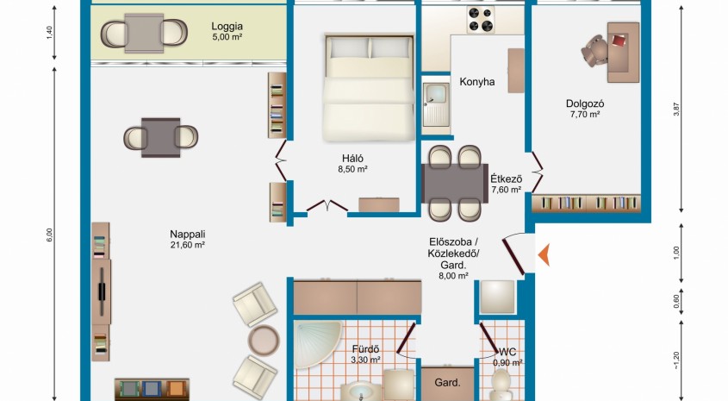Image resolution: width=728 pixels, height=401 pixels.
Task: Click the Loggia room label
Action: (x=227, y=27)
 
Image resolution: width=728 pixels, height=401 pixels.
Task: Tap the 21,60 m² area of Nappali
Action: (x=188, y=245)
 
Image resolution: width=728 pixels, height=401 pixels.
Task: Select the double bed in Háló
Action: (x=370, y=87)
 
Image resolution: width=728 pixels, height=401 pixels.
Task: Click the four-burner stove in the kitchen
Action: (x=481, y=20)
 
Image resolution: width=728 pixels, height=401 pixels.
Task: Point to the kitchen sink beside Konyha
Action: (x=436, y=104)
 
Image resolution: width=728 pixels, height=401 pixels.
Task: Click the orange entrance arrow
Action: (x=544, y=254)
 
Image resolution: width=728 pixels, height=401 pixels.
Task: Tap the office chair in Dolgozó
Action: (x=594, y=51)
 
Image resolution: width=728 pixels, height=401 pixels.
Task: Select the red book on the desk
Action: (x=619, y=40)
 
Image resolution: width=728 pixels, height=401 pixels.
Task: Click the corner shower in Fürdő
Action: (x=317, y=343)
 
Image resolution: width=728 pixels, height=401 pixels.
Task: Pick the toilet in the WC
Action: (x=501, y=385)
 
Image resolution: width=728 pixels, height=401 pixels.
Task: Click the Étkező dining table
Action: (x=455, y=183)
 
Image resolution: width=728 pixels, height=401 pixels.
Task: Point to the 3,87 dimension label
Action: (x=676, y=109)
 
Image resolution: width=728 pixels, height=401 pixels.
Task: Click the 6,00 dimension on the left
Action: (x=50, y=235)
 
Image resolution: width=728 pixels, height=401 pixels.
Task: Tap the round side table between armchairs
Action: (x=264, y=340)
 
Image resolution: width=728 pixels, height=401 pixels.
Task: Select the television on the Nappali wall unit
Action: (x=103, y=291)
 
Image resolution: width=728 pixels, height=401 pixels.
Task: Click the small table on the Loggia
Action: (x=144, y=33)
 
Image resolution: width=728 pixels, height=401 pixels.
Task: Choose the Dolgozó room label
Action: (x=584, y=104)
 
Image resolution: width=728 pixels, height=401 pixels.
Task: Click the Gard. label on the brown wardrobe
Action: (x=448, y=383)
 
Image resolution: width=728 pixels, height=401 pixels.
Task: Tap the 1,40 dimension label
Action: (x=50, y=33)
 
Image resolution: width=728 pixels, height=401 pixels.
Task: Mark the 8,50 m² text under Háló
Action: (x=353, y=169)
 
